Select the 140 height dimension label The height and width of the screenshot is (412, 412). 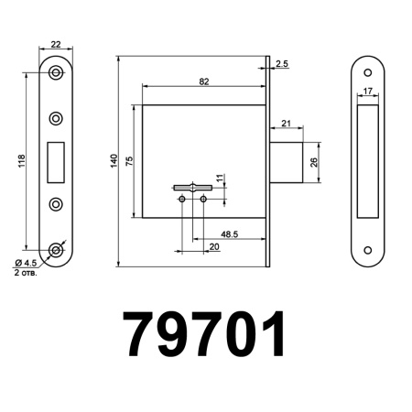click(114, 160)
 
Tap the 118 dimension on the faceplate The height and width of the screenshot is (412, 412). click(21, 160)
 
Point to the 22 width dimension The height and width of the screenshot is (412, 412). click(56, 44)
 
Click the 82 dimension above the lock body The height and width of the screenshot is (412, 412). click(203, 81)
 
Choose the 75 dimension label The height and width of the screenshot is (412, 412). click(129, 160)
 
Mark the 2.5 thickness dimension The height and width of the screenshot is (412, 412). click(281, 64)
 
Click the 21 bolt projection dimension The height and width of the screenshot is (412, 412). click(286, 123)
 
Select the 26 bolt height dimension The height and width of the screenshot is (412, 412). click(315, 162)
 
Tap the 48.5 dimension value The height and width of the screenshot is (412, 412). click(230, 235)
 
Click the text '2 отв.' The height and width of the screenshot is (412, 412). click(25, 273)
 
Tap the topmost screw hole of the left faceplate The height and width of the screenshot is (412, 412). click(57, 72)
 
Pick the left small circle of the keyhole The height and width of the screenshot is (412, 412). click(182, 198)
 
